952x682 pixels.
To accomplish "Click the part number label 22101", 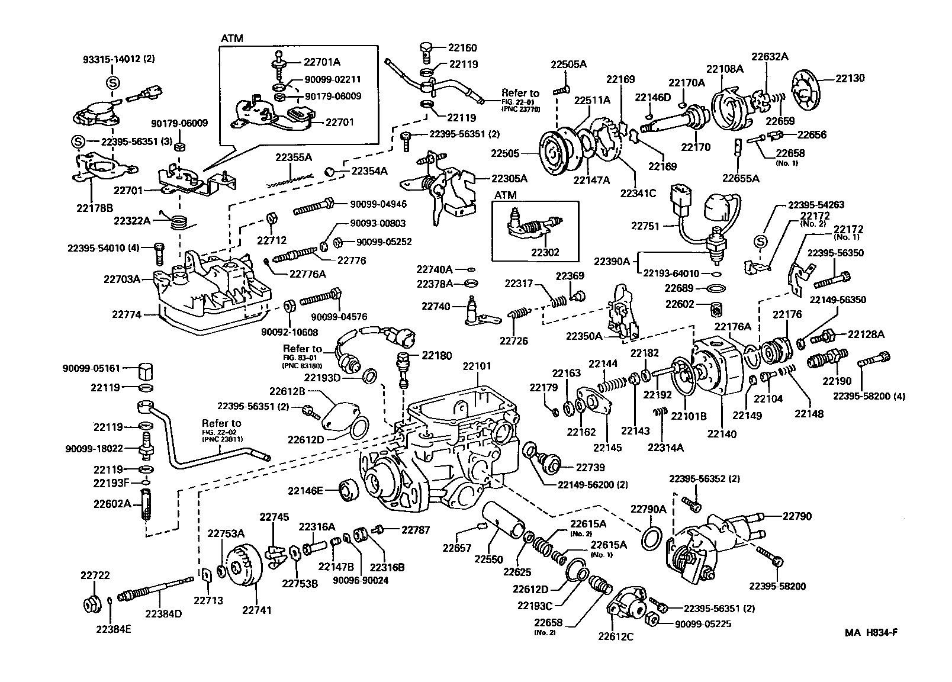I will tap(477, 366).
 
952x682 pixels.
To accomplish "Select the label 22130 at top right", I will tap(850, 78).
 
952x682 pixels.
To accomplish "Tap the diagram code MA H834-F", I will tap(871, 632).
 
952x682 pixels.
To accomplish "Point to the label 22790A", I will tap(648, 509).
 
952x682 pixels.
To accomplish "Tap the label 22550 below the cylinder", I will tap(488, 558).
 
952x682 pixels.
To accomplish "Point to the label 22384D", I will tap(163, 613).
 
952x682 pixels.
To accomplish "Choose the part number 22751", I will tap(645, 226).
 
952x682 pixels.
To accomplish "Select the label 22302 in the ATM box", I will tap(545, 252).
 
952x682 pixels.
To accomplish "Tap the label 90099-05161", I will tap(91, 368).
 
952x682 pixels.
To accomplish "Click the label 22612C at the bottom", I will tap(616, 637).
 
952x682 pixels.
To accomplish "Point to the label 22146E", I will tap(305, 490).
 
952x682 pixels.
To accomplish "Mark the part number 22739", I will tap(590, 468).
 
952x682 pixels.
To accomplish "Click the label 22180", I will tap(436, 356).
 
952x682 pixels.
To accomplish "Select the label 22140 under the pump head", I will tap(722, 434).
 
